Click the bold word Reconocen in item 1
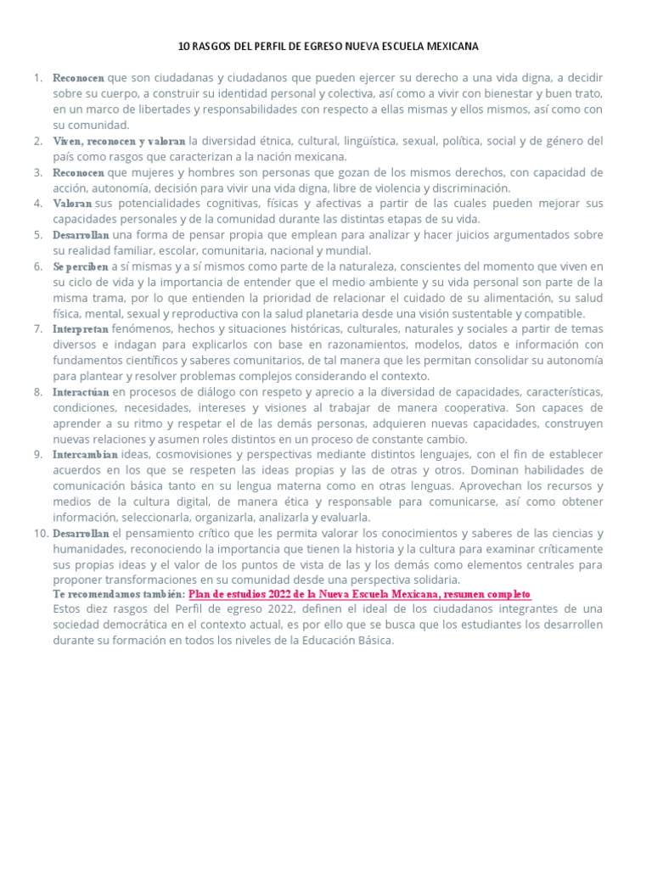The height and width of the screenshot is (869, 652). point(77,78)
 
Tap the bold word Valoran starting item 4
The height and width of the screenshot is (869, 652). point(72,204)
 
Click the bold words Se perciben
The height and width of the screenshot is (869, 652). point(81,266)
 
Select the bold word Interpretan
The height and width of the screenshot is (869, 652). point(81,328)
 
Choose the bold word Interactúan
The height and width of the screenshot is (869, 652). point(81,391)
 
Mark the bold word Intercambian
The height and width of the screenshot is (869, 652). point(86,455)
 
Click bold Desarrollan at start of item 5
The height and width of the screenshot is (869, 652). point(81,235)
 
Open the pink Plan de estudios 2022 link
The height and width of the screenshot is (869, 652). point(360,596)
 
